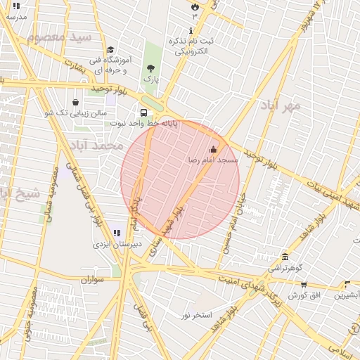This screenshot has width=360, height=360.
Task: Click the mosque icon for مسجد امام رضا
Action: point(214,150)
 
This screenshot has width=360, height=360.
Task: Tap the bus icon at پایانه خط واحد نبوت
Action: point(144,112)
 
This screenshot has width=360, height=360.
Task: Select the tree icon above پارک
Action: point(150,68)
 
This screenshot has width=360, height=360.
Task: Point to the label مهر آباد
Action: point(280,106)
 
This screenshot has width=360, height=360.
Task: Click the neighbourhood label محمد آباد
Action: point(97,146)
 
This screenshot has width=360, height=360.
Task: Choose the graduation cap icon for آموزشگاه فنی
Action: point(110,50)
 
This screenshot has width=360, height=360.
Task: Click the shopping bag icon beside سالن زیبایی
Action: point(76,101)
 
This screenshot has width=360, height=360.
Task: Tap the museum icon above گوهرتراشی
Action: point(285,257)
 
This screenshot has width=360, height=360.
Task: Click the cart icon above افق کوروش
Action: point(304,285)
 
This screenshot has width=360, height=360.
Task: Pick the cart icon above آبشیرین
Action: point(347,285)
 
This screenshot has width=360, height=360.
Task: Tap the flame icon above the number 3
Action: point(195,6)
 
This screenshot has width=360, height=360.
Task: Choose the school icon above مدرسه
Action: point(16,6)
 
